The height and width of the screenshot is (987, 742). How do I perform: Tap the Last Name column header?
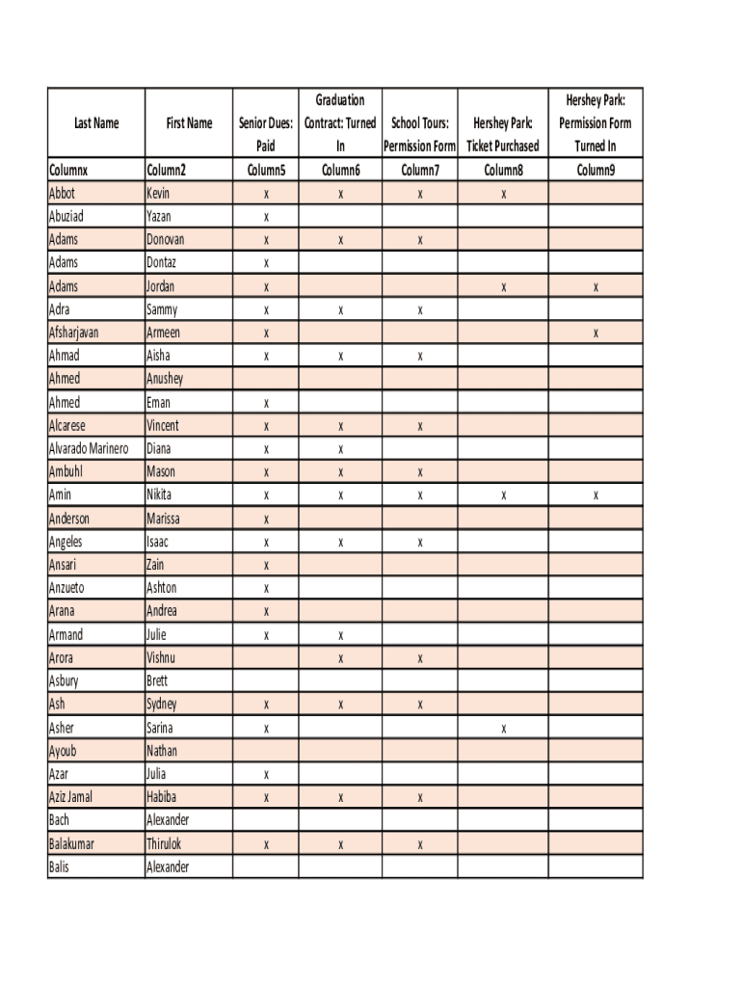(x=96, y=123)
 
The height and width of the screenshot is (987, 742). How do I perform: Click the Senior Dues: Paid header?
(x=266, y=135)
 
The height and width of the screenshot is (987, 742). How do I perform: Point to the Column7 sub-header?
(x=419, y=171)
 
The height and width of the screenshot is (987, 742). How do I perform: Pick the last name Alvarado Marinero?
(x=89, y=448)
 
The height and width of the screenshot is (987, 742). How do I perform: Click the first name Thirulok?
(x=164, y=843)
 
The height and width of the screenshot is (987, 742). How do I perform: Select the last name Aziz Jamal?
(x=71, y=797)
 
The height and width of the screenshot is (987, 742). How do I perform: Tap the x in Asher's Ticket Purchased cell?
(x=503, y=729)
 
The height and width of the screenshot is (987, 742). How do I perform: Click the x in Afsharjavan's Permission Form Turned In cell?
(x=596, y=333)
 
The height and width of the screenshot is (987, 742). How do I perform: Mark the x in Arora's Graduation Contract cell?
(x=340, y=659)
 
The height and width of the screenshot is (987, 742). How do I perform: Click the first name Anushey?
(x=165, y=379)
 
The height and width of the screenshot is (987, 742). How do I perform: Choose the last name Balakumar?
(x=71, y=843)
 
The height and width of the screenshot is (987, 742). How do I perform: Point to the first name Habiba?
(x=162, y=797)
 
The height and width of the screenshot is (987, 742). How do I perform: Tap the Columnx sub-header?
(x=68, y=171)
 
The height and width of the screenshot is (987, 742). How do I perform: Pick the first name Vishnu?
(x=161, y=658)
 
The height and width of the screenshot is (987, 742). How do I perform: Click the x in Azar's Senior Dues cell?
(x=266, y=775)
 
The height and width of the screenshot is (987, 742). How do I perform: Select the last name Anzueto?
(x=66, y=588)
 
